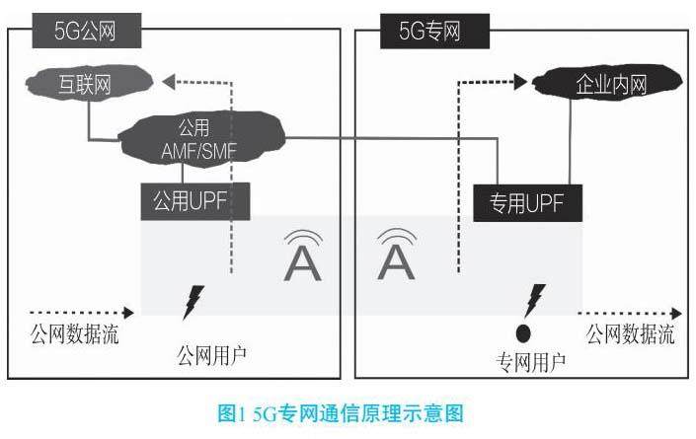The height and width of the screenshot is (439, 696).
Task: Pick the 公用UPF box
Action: [195, 201]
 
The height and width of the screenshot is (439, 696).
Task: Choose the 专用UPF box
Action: [527, 203]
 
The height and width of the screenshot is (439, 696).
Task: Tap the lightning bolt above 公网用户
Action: [195, 302]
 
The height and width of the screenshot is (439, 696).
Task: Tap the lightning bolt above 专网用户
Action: [535, 297]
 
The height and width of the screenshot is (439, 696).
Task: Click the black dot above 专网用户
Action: [524, 331]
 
